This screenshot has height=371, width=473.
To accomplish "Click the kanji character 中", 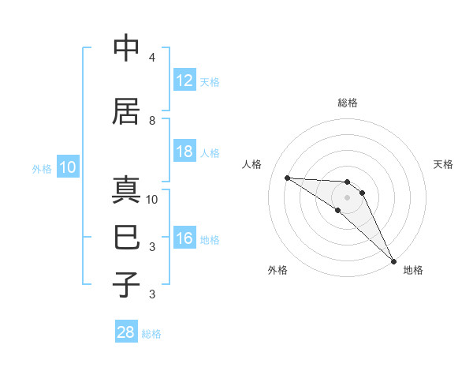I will [127, 48].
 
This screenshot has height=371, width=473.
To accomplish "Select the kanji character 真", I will [127, 191].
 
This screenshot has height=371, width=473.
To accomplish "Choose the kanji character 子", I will [127, 283].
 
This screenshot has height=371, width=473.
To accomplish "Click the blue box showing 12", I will [184, 80].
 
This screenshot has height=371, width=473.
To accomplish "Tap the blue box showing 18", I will [184, 152].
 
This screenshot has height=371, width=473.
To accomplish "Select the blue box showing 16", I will [184, 238].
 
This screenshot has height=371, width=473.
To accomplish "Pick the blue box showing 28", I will [126, 332].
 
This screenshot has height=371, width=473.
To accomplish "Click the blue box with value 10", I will [67, 167].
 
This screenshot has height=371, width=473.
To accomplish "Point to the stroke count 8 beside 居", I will [152, 120].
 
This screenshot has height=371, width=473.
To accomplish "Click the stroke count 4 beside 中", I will [152, 58].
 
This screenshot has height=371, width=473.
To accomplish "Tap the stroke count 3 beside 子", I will [152, 294].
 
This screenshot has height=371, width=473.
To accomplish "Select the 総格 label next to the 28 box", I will [151, 333].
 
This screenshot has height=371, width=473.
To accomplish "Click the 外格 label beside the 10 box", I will [42, 168].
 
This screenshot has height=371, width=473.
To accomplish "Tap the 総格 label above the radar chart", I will [347, 103].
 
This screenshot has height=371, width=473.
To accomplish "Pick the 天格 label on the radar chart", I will [443, 164].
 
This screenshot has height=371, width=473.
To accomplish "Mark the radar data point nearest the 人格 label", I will [287, 178].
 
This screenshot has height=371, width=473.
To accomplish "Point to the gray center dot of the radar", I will [347, 197].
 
